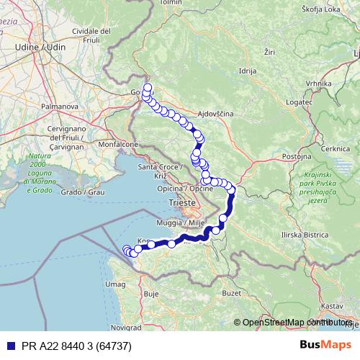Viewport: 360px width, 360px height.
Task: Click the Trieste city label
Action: pyautogui.click(x=181, y=204)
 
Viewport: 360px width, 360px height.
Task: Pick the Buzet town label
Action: pyautogui.click(x=231, y=294)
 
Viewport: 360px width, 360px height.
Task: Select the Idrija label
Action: pyautogui.click(x=248, y=71)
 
